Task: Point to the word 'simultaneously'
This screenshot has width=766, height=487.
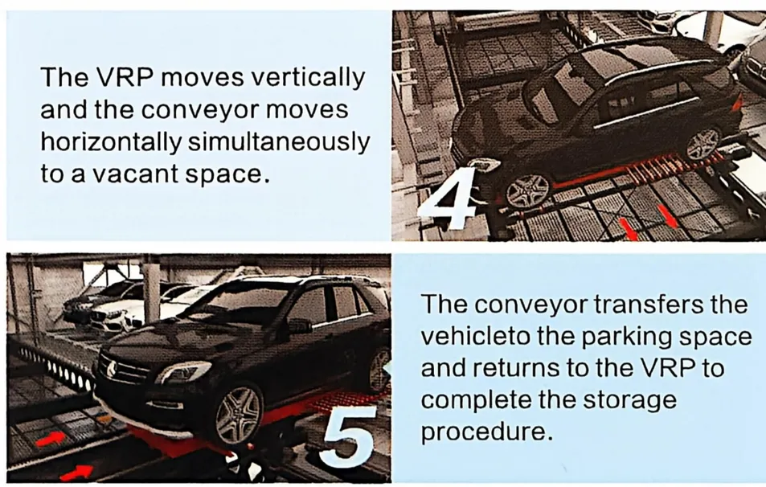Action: pos(278,142)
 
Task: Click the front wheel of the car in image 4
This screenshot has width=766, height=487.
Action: pos(527,191)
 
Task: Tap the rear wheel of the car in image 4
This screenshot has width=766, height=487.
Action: pos(703,144)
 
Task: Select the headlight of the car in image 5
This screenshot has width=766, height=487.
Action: pos(184,373)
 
